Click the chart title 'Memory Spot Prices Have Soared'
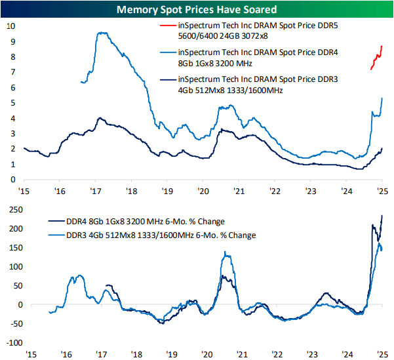(197, 10)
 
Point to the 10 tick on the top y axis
(10, 26)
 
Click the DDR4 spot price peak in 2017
(100, 32)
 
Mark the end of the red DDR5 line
(382, 46)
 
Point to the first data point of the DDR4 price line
(80, 82)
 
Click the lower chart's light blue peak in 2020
(227, 252)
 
